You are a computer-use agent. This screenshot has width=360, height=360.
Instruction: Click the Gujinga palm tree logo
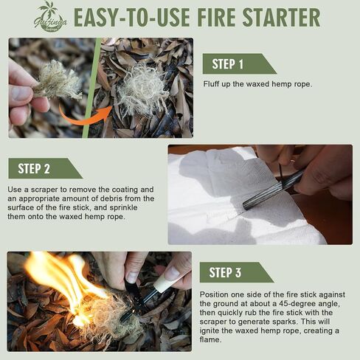49,16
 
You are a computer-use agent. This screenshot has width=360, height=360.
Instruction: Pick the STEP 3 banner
235,273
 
